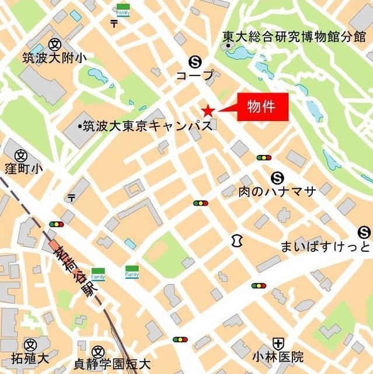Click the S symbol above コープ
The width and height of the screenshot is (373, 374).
pyautogui.click(x=195, y=61)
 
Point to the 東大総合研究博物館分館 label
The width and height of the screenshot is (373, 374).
pyautogui.click(x=294, y=37)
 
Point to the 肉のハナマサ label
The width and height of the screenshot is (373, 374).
pyautogui.click(x=277, y=191)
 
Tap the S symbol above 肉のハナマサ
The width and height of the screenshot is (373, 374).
pyautogui.click(x=277, y=177)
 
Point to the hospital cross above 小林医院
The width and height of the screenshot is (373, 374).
pyautogui.click(x=278, y=343)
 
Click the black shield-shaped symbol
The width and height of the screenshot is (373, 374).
pyautogui.click(x=237, y=240)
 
